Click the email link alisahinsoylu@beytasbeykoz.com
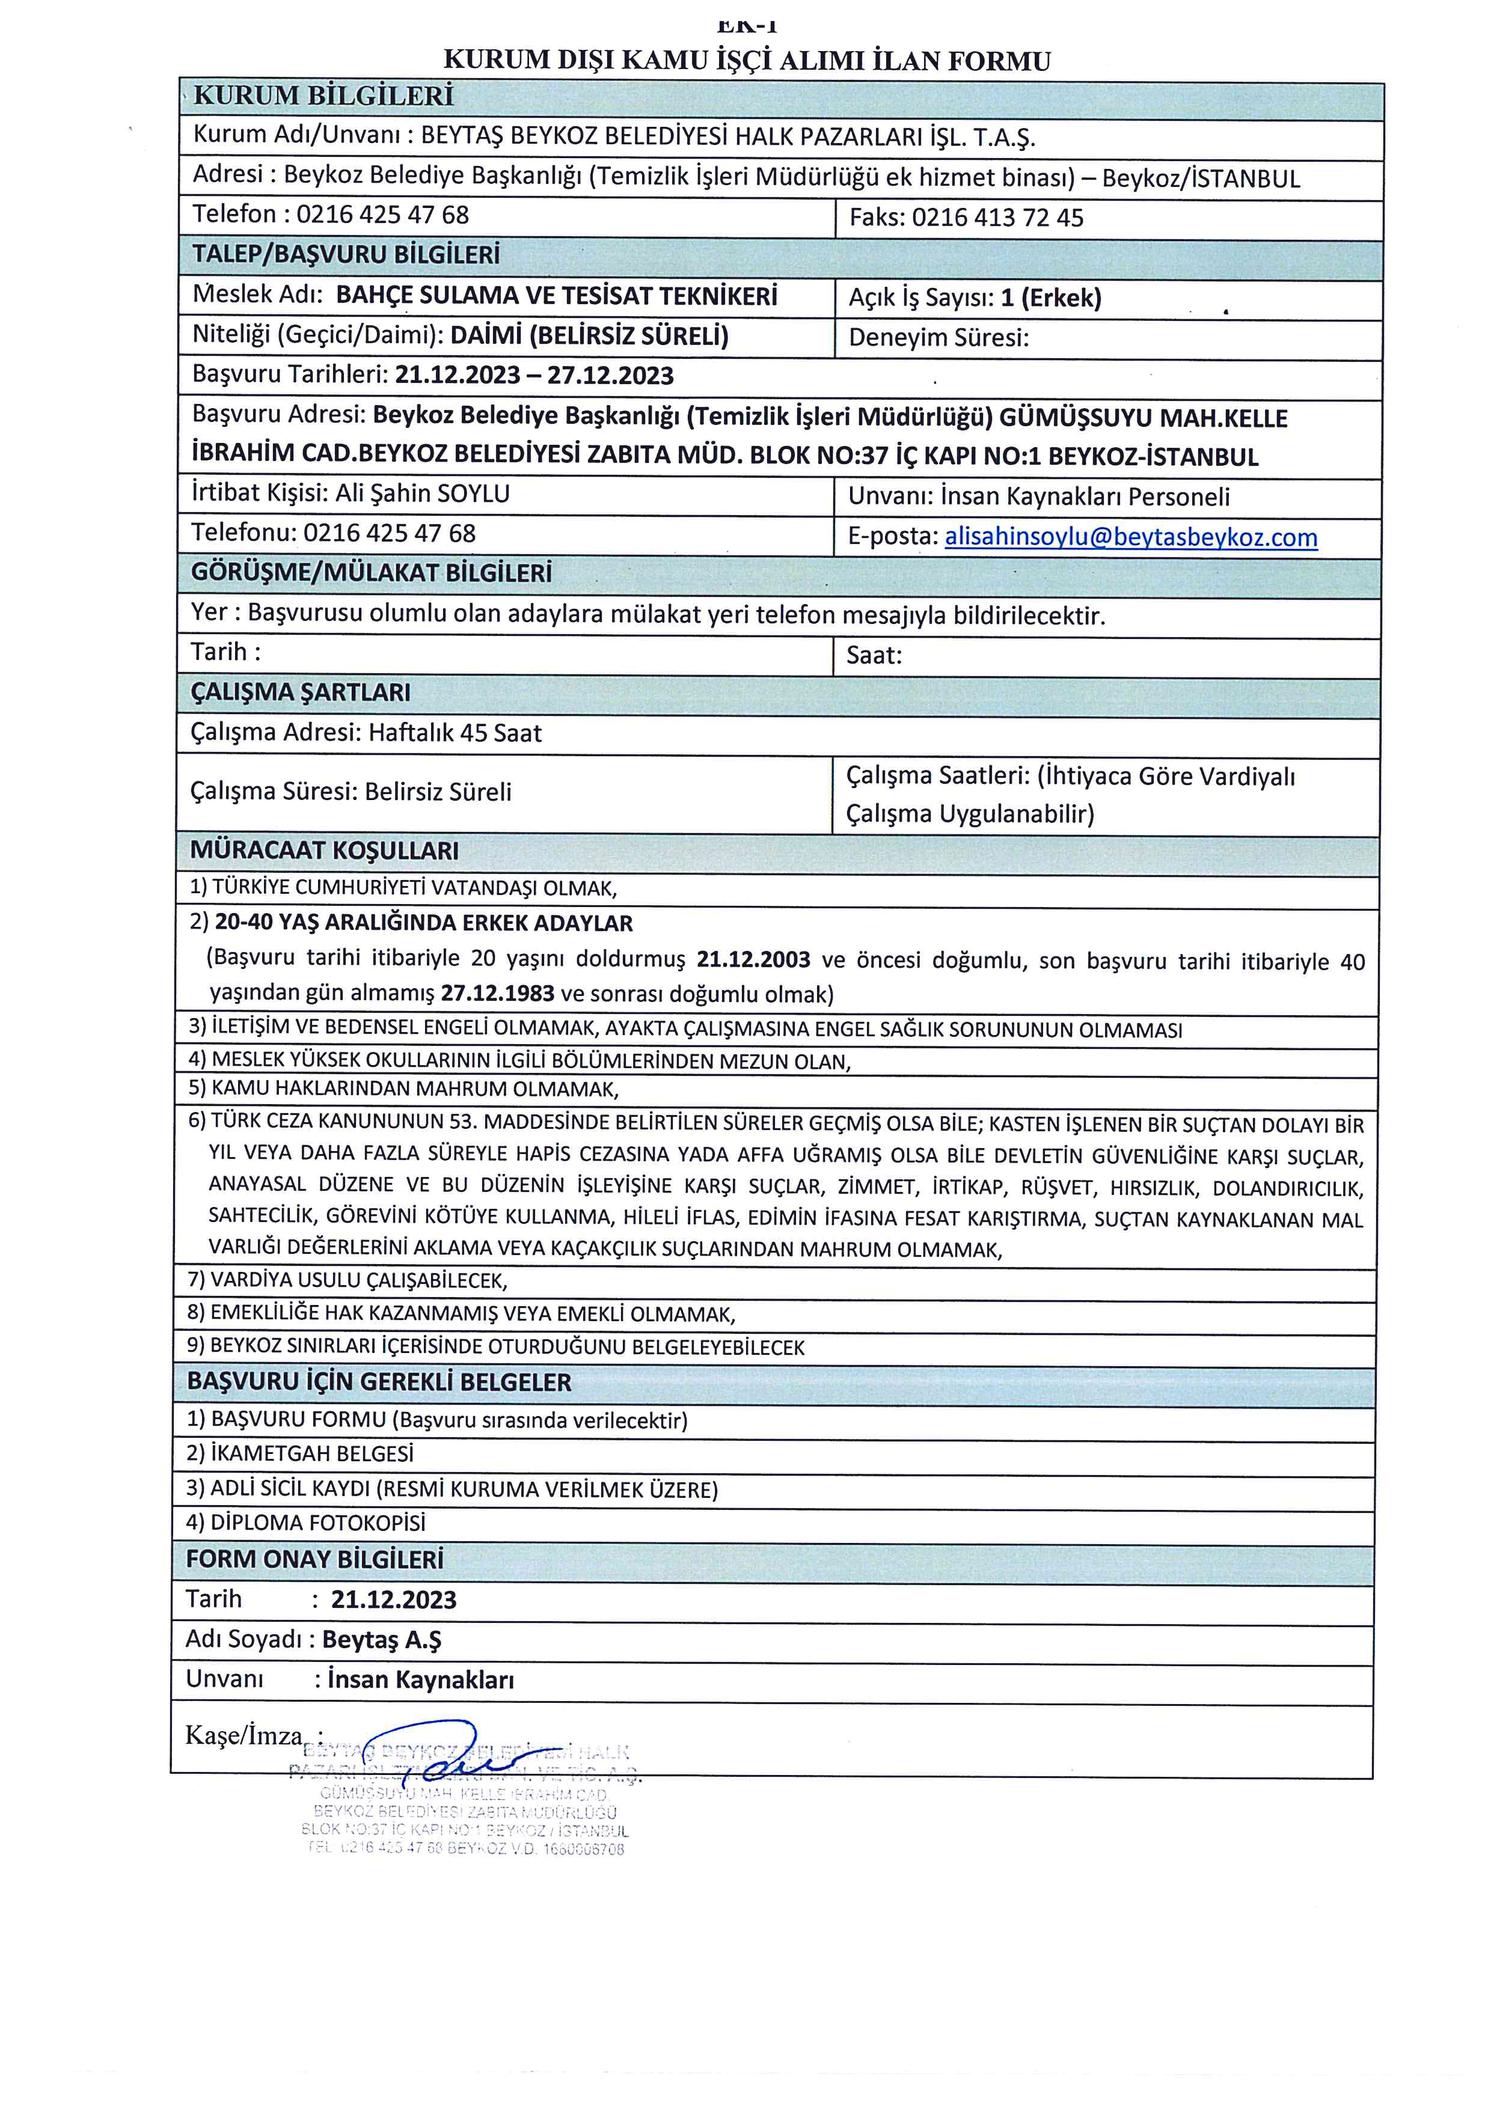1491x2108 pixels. (1130, 537)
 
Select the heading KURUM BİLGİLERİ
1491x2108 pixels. (323, 96)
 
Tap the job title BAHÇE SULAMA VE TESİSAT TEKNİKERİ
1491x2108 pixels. (556, 296)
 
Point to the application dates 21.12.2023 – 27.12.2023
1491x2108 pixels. (534, 376)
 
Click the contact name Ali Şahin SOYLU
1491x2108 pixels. (422, 494)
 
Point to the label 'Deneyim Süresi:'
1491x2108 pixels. (938, 338)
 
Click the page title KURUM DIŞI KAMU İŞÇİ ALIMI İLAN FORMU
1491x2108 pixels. (747, 61)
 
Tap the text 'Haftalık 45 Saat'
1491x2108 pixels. (455, 733)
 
